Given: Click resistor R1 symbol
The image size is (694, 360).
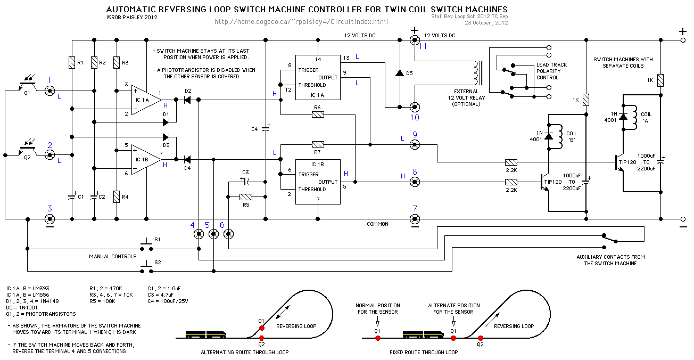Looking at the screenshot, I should pyautogui.click(x=71, y=63).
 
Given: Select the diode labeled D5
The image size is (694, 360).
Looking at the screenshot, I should pyautogui.click(x=399, y=72).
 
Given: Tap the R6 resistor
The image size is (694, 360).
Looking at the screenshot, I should pyautogui.click(x=318, y=114).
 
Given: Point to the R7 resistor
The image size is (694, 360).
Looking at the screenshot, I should pyautogui.click(x=318, y=144).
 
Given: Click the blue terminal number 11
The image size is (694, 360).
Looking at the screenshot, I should pyautogui.click(x=423, y=46).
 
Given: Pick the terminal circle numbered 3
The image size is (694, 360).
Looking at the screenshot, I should pyautogui.click(x=49, y=219).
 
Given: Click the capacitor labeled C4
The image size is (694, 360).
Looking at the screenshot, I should pyautogui.click(x=265, y=129).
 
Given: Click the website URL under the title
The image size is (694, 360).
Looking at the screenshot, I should pyautogui.click(x=301, y=22).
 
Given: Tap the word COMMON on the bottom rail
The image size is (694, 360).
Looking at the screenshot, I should pyautogui.click(x=377, y=224).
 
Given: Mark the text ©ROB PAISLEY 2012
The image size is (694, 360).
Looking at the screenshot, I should pyautogui.click(x=132, y=18).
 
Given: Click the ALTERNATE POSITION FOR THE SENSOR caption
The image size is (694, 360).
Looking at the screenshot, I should pyautogui.click(x=453, y=309).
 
